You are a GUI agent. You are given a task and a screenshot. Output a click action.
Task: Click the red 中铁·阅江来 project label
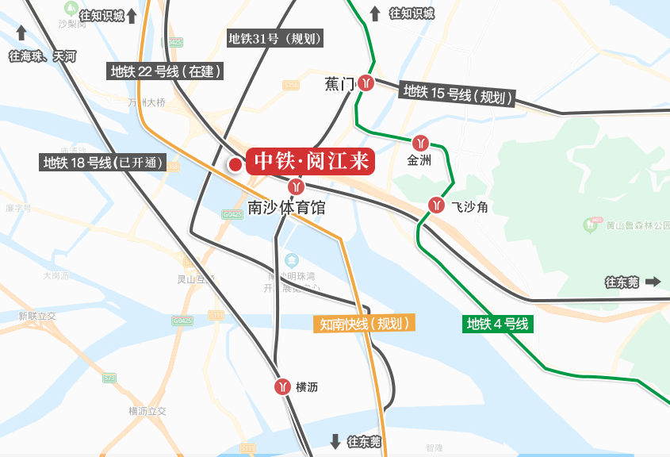click(310, 161)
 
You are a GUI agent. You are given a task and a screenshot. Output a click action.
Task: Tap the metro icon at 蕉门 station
click(366, 82)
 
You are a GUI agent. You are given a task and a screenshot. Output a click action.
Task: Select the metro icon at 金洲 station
click(420, 144)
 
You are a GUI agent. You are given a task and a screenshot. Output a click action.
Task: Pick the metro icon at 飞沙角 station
click(436, 205)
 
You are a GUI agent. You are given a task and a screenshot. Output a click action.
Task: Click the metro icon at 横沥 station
click(281, 386)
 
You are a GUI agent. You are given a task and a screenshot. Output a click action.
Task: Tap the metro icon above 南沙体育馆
click(297, 187)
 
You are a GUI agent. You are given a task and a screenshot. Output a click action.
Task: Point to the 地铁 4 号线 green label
click(497, 324)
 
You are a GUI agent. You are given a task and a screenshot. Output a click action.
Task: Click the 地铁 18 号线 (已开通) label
click(103, 163)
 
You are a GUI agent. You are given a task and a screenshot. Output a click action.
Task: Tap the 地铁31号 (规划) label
click(275, 38)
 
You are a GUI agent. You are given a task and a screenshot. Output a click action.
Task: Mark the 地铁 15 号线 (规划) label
click(456, 94)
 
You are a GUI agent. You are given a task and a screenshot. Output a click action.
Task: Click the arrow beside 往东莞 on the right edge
click(653, 282)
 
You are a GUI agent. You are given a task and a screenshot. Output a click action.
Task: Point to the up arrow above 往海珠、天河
click(21, 33)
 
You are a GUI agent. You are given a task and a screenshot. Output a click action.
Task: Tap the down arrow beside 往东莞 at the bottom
click(335, 441)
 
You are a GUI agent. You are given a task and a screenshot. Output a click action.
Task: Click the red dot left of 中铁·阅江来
click(235, 165)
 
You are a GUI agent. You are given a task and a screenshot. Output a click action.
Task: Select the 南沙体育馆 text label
click(286, 208)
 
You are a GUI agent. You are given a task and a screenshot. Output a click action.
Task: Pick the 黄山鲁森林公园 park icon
click(592, 225)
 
